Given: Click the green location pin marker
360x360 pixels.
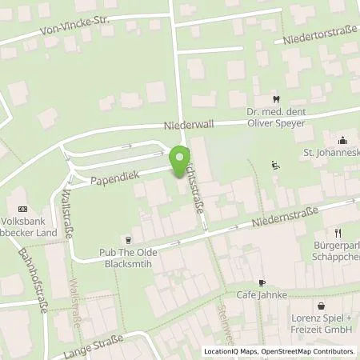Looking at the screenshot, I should pos(180,158).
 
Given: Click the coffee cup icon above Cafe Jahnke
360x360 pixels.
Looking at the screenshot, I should pos(262,282).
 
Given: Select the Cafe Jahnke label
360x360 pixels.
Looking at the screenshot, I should pos(261,296).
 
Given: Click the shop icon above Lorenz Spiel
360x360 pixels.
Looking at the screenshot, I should pos(321,305).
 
